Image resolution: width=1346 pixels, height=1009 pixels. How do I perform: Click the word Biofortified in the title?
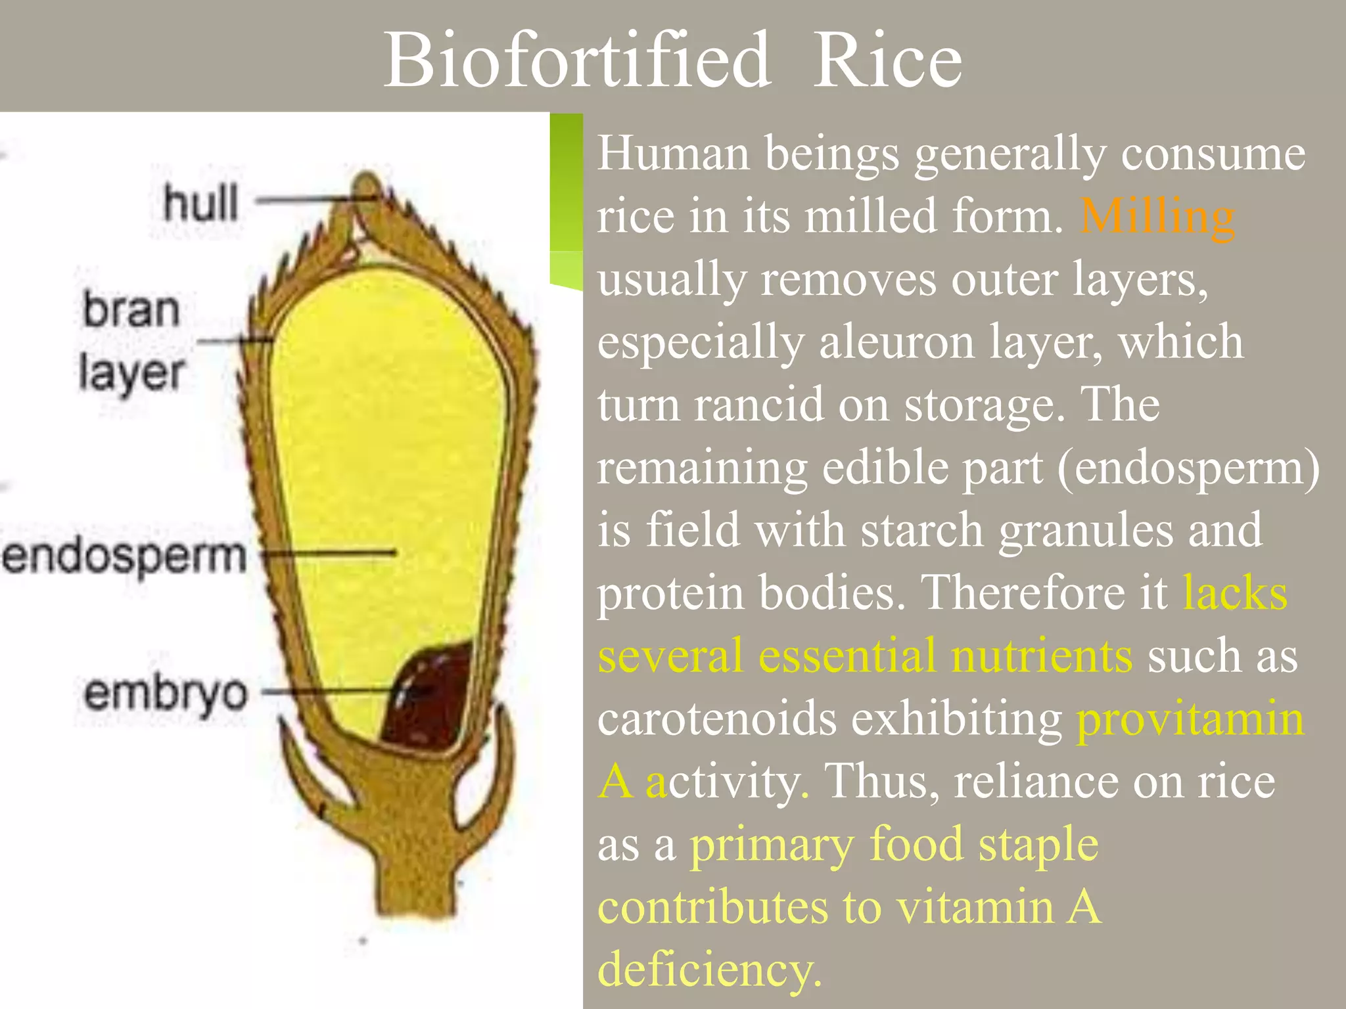577,60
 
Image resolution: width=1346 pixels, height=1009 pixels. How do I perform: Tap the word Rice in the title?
887,60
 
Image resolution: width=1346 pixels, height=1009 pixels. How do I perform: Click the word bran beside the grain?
131,309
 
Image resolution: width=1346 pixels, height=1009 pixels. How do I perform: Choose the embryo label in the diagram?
166,692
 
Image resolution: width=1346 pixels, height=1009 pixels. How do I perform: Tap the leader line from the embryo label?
329,691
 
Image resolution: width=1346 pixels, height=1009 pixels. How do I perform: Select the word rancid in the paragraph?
758,404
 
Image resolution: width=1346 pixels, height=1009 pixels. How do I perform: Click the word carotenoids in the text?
717,718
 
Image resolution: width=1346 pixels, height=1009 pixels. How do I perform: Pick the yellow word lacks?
1235,593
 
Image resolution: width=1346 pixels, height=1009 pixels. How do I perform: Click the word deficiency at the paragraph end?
710,969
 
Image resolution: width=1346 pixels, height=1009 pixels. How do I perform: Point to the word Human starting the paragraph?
673,154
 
